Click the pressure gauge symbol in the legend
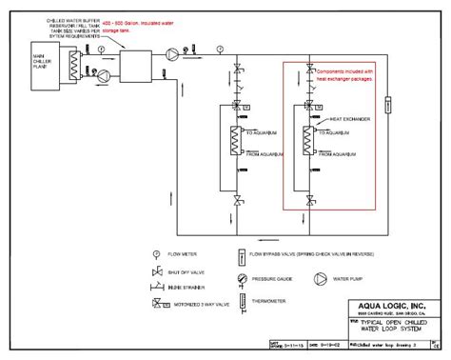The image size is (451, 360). point(243,280)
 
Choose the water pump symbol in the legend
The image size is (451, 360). point(322,280)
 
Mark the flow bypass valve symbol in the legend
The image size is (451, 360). point(243,255)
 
